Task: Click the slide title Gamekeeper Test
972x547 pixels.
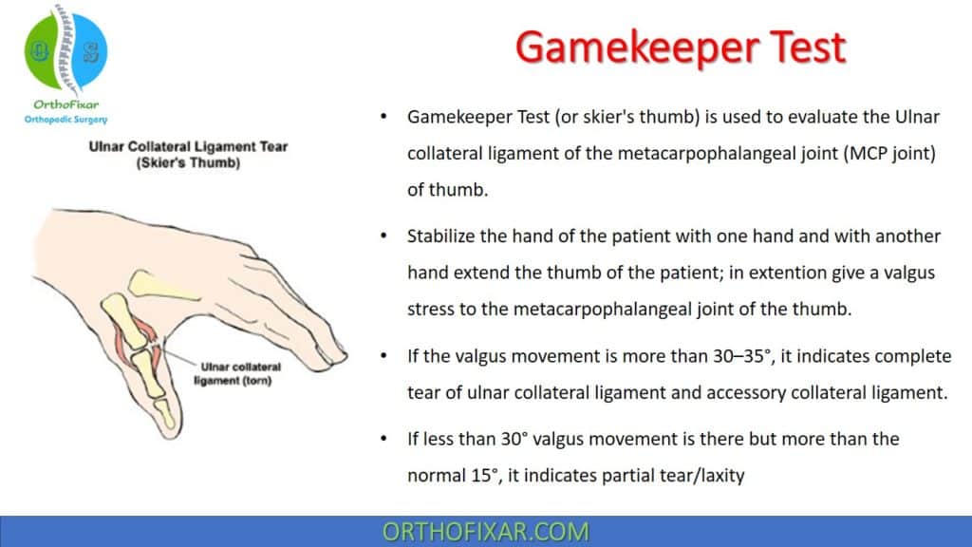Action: click(x=680, y=47)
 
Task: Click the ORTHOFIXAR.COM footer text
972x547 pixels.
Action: click(x=485, y=531)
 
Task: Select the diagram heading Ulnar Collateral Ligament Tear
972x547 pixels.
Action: click(x=188, y=147)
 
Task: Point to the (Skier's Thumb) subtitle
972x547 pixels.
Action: click(x=188, y=162)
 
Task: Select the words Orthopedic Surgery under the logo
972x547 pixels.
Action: click(x=65, y=119)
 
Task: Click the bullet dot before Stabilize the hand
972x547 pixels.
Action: click(x=383, y=236)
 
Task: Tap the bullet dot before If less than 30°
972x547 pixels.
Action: click(x=383, y=440)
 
